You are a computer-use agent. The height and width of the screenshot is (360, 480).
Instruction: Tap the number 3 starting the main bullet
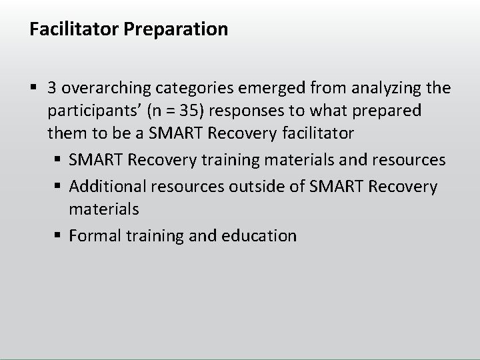point(52,88)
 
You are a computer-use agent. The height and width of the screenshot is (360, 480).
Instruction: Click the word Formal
point(91,236)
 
